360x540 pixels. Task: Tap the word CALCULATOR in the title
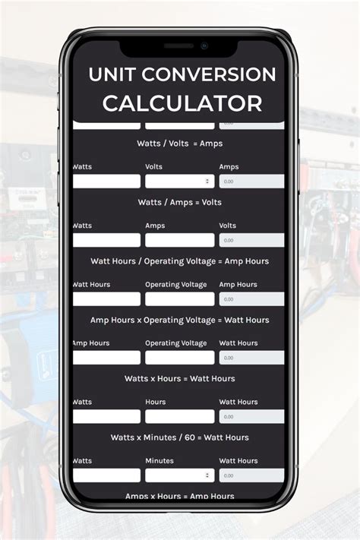pyautogui.click(x=182, y=103)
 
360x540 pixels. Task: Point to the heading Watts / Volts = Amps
pyautogui.click(x=180, y=144)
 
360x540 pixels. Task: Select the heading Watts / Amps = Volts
pyautogui.click(x=180, y=203)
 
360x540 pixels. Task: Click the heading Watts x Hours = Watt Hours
pyautogui.click(x=180, y=379)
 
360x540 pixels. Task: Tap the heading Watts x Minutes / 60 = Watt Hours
pyautogui.click(x=180, y=437)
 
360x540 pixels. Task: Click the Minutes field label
pyautogui.click(x=159, y=461)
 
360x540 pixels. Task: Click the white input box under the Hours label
pyautogui.click(x=180, y=416)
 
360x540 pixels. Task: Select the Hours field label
pyautogui.click(x=156, y=402)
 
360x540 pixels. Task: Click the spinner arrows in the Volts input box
pyautogui.click(x=208, y=182)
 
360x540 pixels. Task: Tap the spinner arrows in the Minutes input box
pyautogui.click(x=208, y=475)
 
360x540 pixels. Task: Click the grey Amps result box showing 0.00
pyautogui.click(x=251, y=182)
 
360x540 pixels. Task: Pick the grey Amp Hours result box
pyautogui.click(x=251, y=299)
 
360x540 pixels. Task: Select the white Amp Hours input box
pyautogui.click(x=106, y=358)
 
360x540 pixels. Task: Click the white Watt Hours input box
pyautogui.click(x=106, y=299)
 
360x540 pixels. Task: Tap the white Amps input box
pyautogui.click(x=180, y=240)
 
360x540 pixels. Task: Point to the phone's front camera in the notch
pyautogui.click(x=204, y=46)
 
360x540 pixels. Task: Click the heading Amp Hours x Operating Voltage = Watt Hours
pyautogui.click(x=180, y=321)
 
